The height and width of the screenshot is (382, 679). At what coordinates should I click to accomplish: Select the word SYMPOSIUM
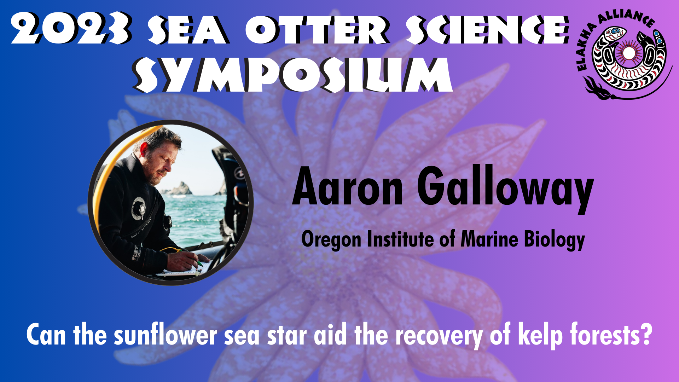tap(292, 74)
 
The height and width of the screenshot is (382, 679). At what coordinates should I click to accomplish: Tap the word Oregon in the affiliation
tap(332, 240)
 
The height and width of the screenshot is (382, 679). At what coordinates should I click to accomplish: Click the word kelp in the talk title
tap(540, 335)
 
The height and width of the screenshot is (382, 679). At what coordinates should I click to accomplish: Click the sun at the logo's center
tap(628, 53)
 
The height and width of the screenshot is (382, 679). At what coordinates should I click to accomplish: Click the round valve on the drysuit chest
tap(138, 208)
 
